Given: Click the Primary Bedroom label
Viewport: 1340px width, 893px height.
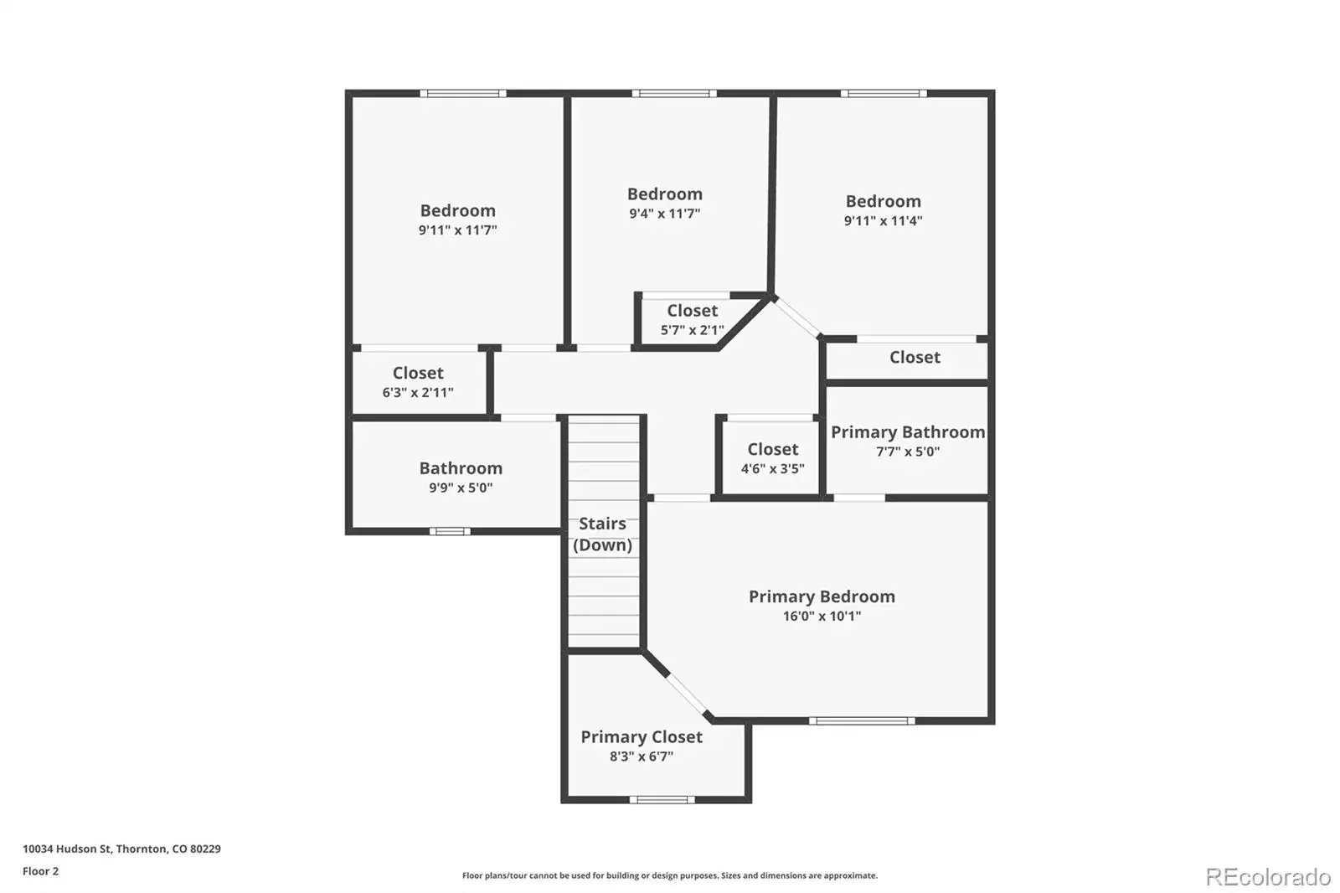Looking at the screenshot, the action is click(x=822, y=596).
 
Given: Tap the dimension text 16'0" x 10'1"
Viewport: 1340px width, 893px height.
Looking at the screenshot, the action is click(x=822, y=616).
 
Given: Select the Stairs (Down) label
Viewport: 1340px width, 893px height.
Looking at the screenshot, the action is click(x=602, y=534).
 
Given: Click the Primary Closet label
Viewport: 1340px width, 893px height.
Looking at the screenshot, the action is click(x=642, y=737).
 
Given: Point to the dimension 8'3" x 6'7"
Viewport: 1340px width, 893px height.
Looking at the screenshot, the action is click(x=642, y=756).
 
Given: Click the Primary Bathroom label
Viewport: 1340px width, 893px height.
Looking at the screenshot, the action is click(x=908, y=432).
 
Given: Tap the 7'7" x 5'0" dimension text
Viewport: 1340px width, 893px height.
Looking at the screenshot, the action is click(x=908, y=452).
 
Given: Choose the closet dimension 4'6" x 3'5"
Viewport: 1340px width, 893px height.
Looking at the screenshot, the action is click(x=773, y=468).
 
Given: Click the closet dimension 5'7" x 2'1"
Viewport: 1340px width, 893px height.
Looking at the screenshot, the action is click(x=692, y=330).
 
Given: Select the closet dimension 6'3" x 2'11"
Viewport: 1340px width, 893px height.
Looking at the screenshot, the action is click(x=418, y=393).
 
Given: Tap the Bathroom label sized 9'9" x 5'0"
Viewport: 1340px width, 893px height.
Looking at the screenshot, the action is click(x=461, y=468).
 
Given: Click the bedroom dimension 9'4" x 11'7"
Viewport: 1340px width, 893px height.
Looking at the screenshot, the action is click(x=665, y=214).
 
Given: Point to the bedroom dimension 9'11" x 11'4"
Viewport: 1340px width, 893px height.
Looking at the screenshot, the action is click(x=883, y=221).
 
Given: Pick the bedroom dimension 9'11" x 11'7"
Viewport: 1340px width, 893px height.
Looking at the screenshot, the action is click(x=457, y=230).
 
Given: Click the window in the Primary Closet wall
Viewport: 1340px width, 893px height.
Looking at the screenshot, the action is click(x=662, y=800).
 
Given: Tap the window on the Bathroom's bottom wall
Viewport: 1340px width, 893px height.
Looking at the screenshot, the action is click(x=450, y=531).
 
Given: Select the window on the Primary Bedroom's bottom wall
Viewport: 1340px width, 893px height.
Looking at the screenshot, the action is click(x=862, y=721).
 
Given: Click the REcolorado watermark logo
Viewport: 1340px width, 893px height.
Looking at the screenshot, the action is click(x=1268, y=877).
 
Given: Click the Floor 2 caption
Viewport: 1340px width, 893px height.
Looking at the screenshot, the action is click(x=41, y=871).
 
